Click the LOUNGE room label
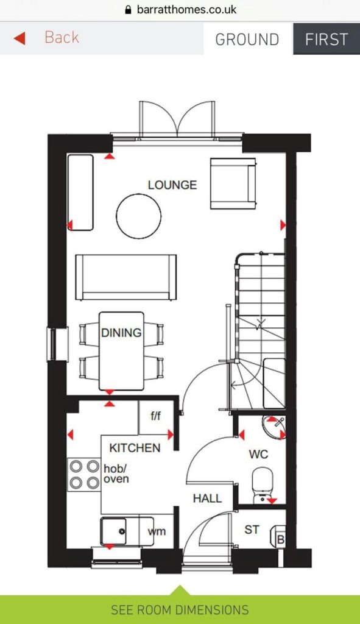172,185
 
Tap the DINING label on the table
121,333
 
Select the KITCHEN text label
135,448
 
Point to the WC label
258,455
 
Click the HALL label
207,498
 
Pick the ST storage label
252,530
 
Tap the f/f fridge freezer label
156,416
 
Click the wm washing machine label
156,531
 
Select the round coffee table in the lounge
139,216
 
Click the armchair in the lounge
232,183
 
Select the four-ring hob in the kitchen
84,474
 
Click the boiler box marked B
280,540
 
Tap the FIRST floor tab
326,40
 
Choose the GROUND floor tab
247,40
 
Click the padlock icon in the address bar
128,10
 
